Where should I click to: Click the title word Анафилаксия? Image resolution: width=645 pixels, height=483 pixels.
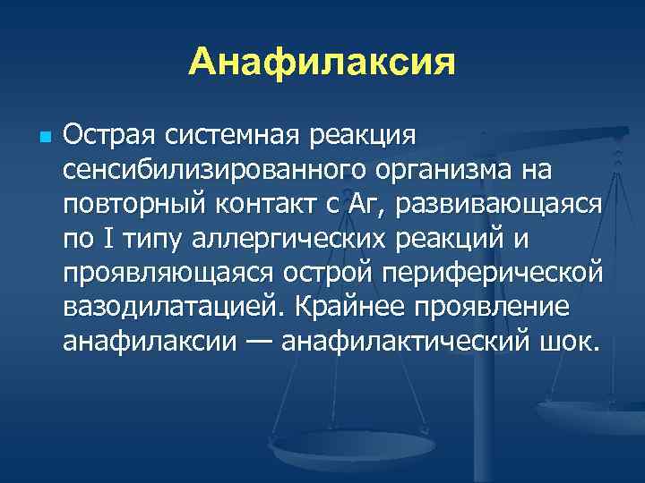[322, 62]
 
